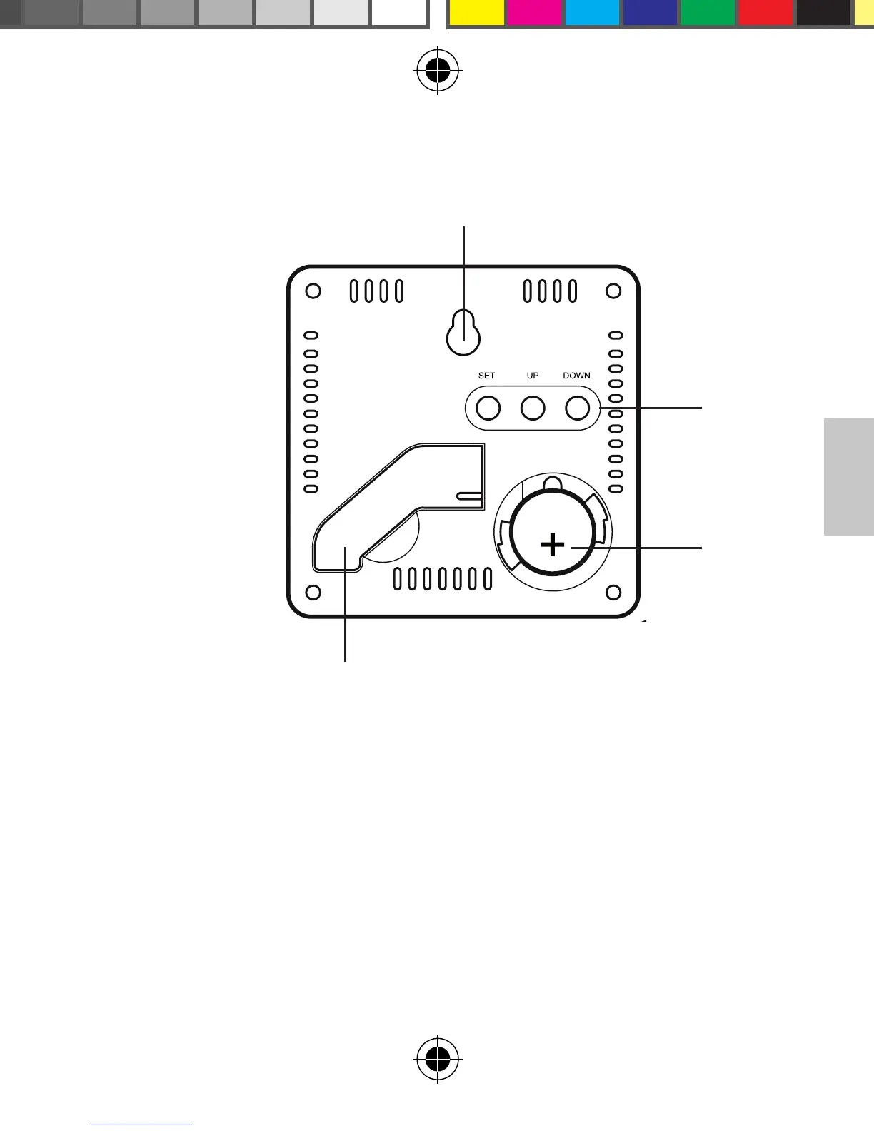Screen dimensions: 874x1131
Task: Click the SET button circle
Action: point(488,408)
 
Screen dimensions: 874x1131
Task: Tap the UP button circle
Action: point(533,408)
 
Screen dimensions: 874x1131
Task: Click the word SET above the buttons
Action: point(486,376)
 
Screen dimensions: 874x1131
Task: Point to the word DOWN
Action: point(576,376)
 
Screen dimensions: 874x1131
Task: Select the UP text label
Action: point(533,376)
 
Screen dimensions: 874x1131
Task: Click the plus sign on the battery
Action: point(552,546)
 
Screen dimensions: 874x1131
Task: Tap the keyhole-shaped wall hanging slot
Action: point(463,333)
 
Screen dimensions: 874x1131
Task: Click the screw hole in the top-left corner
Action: point(313,291)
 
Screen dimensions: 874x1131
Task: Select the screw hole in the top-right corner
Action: point(613,291)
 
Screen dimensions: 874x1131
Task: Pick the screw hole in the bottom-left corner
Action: point(313,593)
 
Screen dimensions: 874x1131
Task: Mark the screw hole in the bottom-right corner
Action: point(613,593)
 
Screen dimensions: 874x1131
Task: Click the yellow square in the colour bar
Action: point(476,12)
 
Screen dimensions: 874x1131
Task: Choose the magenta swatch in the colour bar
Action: point(534,12)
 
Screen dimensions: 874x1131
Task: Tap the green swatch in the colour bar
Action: point(708,12)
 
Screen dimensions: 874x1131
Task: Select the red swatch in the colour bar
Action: point(765,12)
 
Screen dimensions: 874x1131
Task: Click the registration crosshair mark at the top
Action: point(438,71)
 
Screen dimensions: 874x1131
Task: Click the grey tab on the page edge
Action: point(849,476)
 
